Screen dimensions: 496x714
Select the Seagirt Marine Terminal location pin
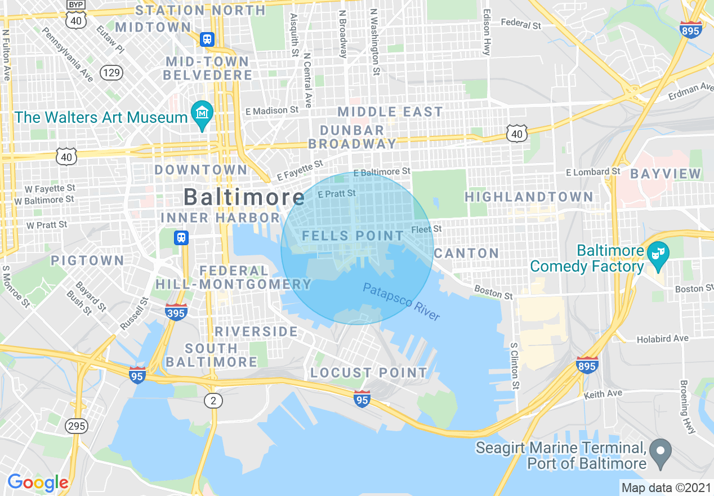(660, 451)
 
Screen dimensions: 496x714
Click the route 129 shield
(111, 72)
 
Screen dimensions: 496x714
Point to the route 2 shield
(213, 401)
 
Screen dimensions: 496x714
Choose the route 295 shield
(76, 426)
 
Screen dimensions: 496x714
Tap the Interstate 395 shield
(176, 312)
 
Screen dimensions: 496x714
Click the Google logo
(38, 482)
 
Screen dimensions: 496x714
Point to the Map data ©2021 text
(666, 487)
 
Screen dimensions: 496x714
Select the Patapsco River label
(401, 302)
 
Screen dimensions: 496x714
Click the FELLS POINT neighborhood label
(353, 236)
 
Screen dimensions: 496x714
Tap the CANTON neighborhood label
(466, 253)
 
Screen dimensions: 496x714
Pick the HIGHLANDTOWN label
(529, 197)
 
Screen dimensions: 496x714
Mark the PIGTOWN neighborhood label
(87, 260)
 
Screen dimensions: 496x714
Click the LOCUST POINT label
(369, 373)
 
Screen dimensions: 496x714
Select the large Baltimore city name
(244, 197)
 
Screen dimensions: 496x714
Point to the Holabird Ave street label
(662, 339)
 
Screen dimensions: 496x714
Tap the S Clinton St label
(514, 365)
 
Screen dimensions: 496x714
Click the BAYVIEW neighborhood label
(666, 174)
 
